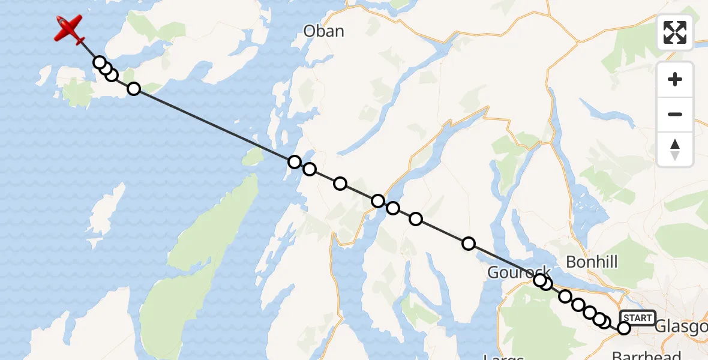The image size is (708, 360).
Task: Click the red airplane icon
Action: [x=70, y=29]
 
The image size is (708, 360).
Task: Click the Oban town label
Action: [x=324, y=31]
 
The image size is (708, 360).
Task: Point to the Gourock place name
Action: [x=519, y=272]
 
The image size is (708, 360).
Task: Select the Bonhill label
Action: [x=592, y=262]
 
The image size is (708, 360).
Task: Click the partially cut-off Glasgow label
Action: [x=681, y=326]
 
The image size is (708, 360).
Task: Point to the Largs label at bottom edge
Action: [x=503, y=357]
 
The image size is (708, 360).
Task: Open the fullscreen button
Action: [x=675, y=32]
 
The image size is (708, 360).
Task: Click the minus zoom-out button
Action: [x=675, y=114]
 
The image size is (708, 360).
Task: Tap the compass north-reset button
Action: [x=675, y=149]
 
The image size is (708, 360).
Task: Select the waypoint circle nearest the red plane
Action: [x=100, y=62]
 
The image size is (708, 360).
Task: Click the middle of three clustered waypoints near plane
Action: [x=106, y=69]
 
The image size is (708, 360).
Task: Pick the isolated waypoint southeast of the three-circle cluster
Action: [x=134, y=89]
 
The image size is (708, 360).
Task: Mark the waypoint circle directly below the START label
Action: [x=624, y=328]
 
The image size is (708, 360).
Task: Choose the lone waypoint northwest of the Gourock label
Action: [x=469, y=243]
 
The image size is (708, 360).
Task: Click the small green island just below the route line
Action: [x=253, y=158]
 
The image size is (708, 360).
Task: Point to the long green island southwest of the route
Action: [x=198, y=264]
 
